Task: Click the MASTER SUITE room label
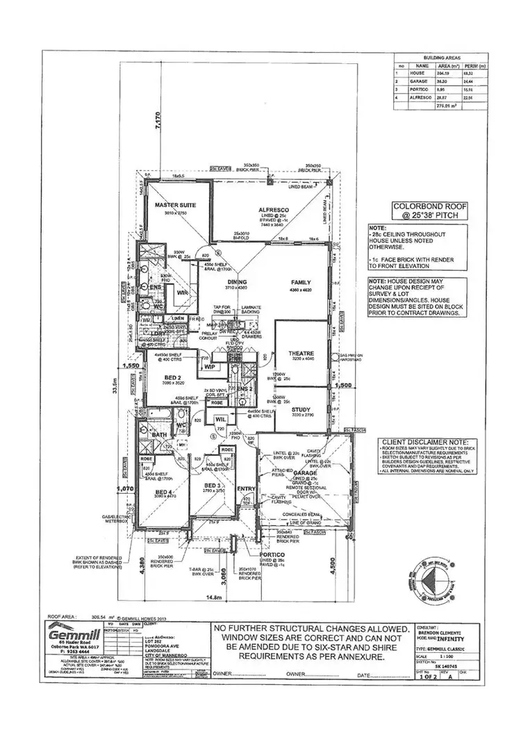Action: tap(175, 206)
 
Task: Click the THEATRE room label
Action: tap(301, 354)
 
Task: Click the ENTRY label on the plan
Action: tap(247, 489)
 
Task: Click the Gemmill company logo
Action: tap(72, 636)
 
